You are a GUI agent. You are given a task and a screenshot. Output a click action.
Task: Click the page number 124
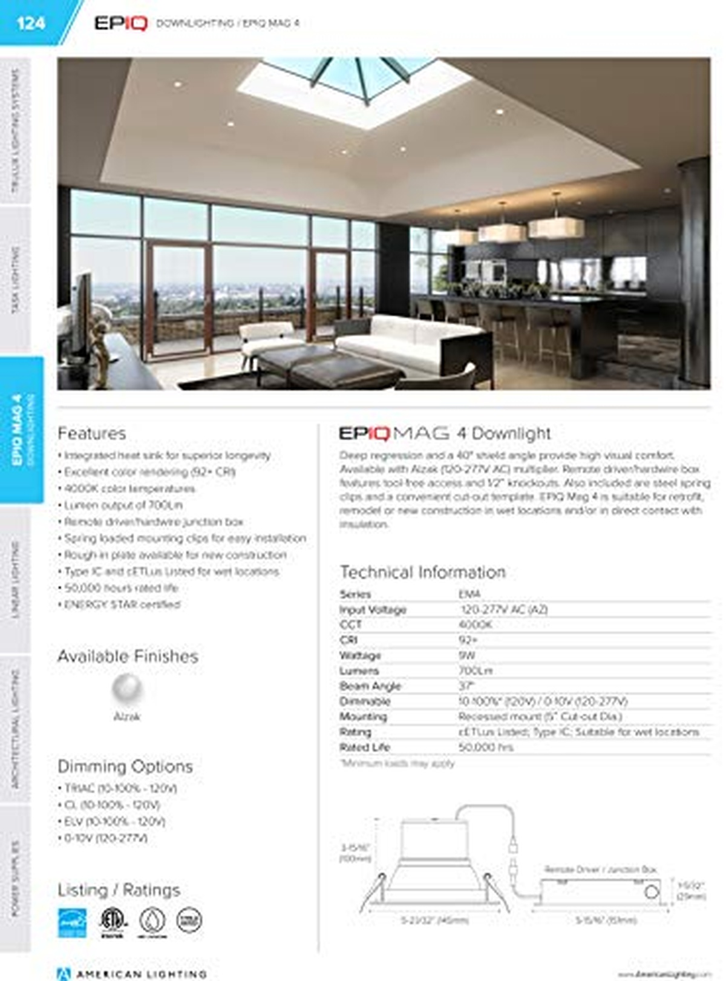click(x=30, y=23)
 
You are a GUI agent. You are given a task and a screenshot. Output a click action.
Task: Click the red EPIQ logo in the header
click(x=121, y=23)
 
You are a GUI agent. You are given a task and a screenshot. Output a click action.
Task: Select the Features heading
click(x=92, y=433)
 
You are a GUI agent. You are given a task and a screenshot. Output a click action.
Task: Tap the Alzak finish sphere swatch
click(x=127, y=689)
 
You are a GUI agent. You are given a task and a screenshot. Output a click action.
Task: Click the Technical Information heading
click(x=423, y=572)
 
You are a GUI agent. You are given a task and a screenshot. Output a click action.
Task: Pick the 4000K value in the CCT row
click(x=476, y=625)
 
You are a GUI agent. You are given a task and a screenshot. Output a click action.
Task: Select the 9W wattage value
click(x=467, y=655)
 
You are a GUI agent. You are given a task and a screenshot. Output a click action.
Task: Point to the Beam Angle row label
click(x=370, y=686)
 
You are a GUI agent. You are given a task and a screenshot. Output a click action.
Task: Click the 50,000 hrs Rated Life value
click(x=486, y=747)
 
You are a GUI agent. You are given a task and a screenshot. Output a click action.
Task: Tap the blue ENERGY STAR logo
click(x=72, y=922)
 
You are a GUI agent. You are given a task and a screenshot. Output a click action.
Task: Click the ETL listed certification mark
click(x=113, y=921)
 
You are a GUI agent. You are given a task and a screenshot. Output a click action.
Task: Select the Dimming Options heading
click(x=125, y=766)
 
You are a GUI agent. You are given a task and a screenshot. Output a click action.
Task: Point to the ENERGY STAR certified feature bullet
click(x=122, y=605)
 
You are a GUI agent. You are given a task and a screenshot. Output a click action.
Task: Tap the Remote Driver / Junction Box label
click(x=600, y=870)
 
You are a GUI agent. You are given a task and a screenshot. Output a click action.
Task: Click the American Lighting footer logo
click(x=132, y=974)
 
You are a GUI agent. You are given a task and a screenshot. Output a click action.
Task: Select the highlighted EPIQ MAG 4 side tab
click(x=22, y=430)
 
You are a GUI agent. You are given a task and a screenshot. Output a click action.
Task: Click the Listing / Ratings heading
click(x=119, y=890)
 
